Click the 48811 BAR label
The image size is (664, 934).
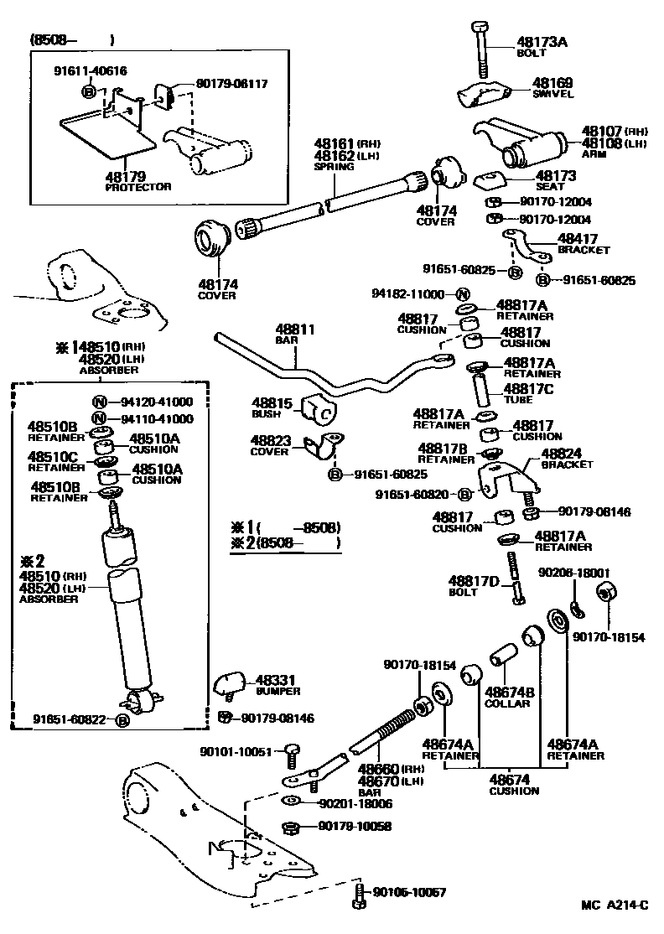tap(295, 335)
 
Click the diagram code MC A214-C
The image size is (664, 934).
tap(615, 905)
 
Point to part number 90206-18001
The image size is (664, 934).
tap(574, 573)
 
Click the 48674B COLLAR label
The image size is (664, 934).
tap(508, 697)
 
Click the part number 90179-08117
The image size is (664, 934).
tap(232, 84)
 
